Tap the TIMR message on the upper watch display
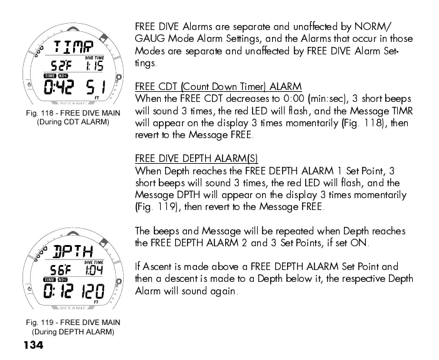(72, 46)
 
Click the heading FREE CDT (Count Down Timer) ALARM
(218, 86)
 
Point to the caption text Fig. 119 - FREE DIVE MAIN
(73, 322)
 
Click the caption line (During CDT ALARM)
(73, 122)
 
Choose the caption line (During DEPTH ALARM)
(73, 332)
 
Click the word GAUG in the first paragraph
(151, 39)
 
